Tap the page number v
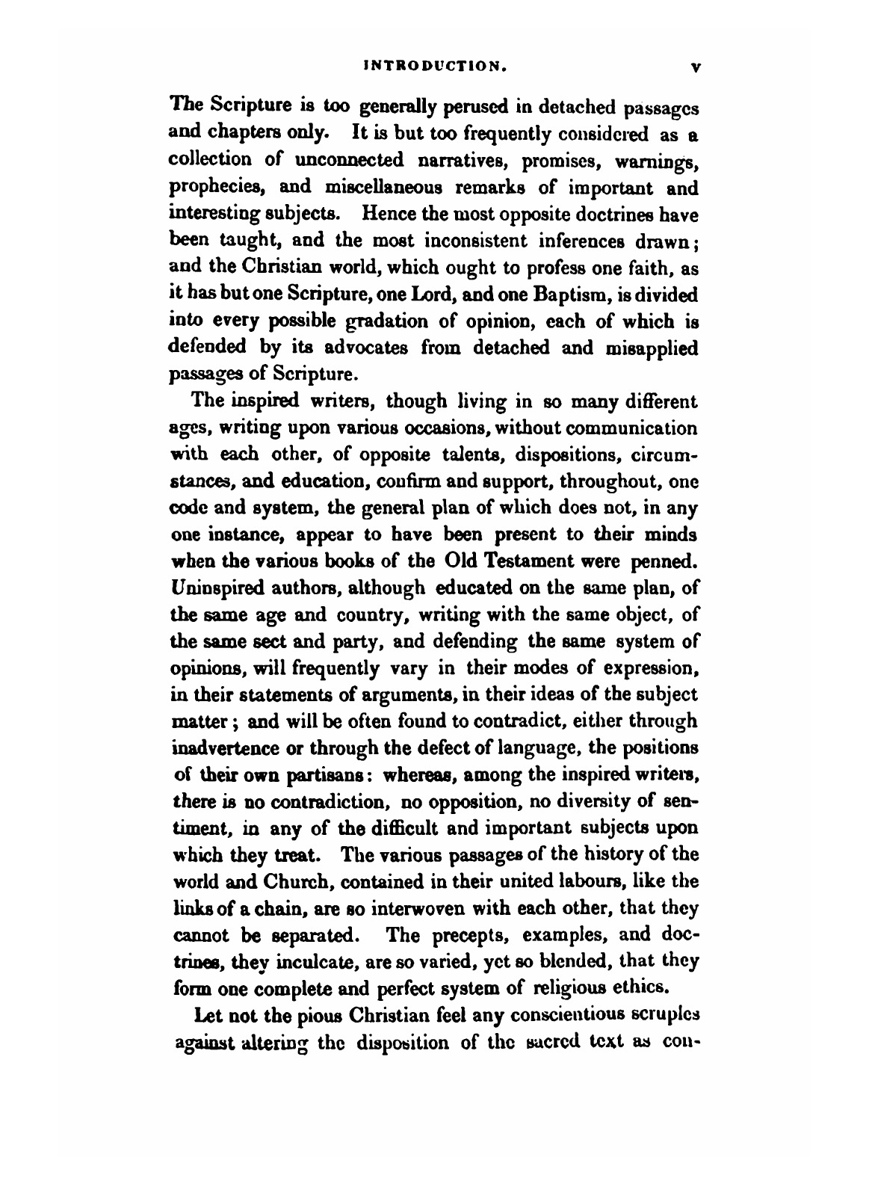(x=695, y=67)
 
